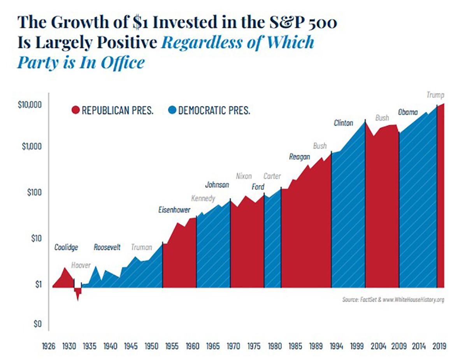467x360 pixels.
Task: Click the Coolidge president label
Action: pos(66,247)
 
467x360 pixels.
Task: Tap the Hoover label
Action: pos(81,265)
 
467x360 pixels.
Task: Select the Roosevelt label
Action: pos(107,247)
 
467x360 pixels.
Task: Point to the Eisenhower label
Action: pos(174,210)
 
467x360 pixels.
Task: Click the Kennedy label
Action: pos(203,198)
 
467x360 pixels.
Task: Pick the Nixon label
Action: pos(244,176)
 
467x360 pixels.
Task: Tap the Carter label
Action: pos(272,176)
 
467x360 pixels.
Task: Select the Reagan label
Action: pos(299,157)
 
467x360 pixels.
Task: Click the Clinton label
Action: pos(343,123)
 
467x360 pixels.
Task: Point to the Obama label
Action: pos(407,112)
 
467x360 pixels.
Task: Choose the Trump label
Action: pos(435,95)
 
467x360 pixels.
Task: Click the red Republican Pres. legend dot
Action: pos(75,111)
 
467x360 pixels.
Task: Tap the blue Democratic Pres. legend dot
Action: pos(172,111)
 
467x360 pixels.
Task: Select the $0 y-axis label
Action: pos(37,324)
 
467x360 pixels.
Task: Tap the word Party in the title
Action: pos(37,62)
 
